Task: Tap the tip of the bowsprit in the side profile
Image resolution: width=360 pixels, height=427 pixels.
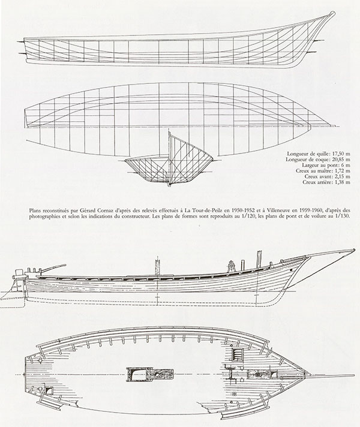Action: (x=354, y=249)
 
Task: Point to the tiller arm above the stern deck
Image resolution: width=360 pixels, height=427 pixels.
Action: (x=53, y=267)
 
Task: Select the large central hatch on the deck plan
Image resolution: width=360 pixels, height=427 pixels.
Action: (x=149, y=374)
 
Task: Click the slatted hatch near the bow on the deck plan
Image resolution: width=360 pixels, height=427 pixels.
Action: (x=236, y=354)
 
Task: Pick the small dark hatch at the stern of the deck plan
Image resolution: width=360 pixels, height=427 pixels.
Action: (x=49, y=391)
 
